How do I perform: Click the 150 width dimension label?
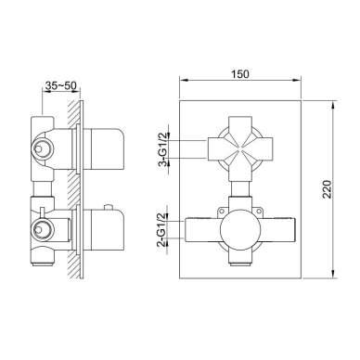pyautogui.click(x=239, y=74)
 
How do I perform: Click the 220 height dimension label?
pyautogui.click(x=327, y=189)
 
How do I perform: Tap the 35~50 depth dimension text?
pyautogui.click(x=60, y=85)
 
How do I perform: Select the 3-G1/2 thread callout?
pyautogui.click(x=163, y=149)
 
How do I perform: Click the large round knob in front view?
pyautogui.click(x=240, y=229)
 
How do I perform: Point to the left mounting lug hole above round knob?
pyautogui.click(x=222, y=212)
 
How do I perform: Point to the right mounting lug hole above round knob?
pyautogui.click(x=259, y=212)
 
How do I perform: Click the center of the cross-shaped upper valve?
pyautogui.click(x=240, y=148)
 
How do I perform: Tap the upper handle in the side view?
pyautogui.click(x=103, y=149)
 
